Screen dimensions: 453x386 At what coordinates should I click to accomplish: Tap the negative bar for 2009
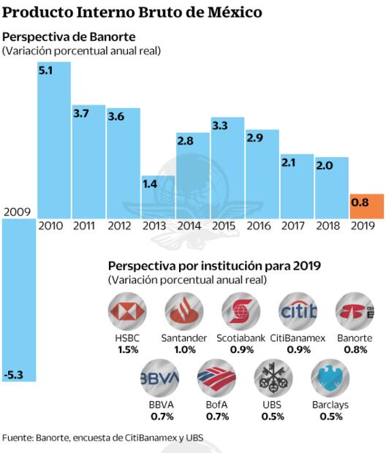(x=19, y=300)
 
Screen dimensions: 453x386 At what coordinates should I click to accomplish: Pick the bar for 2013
(x=159, y=196)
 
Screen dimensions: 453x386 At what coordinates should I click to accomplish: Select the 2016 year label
(x=262, y=226)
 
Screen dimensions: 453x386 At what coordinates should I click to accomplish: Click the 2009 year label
(x=17, y=212)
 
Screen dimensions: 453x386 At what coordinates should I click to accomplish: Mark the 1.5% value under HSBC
(x=127, y=351)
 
